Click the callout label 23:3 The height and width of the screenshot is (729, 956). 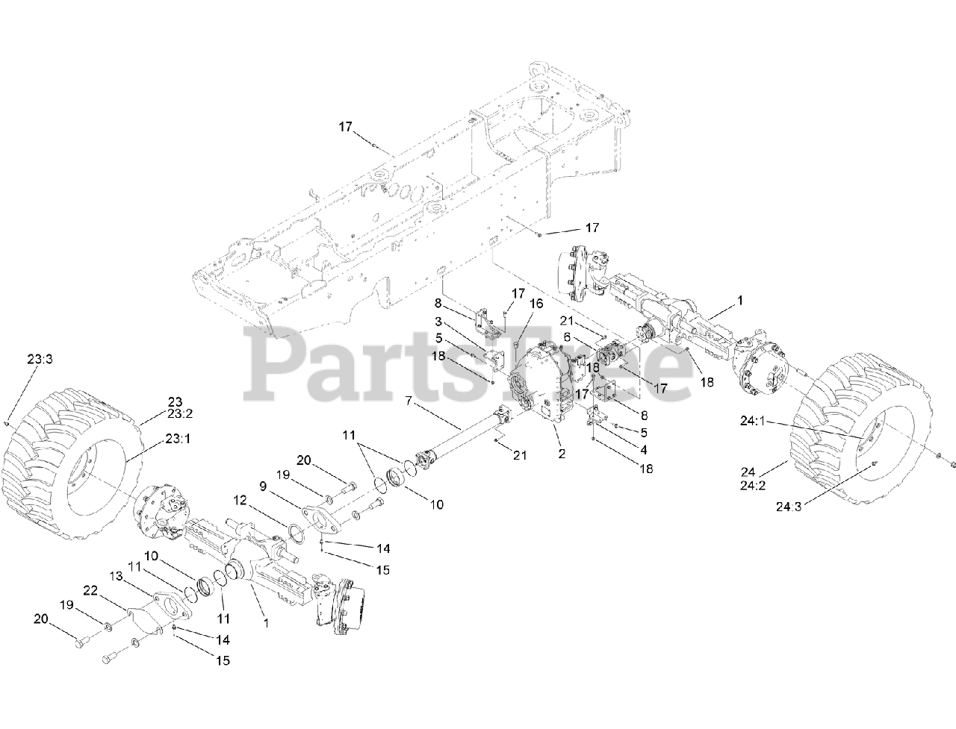tap(40, 359)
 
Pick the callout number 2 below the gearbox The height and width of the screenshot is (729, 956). tap(560, 453)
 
